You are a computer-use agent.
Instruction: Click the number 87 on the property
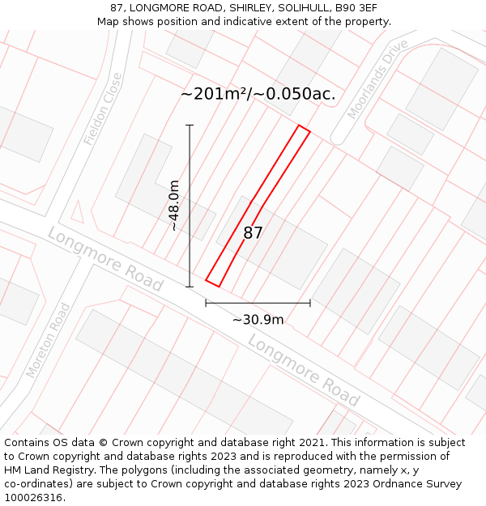click(x=253, y=233)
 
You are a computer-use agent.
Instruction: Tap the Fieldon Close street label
click(x=103, y=109)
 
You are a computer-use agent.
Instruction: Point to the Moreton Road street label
click(x=48, y=340)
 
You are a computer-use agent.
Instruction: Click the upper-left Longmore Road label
click(x=104, y=259)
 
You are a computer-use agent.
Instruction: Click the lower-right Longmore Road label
click(x=304, y=371)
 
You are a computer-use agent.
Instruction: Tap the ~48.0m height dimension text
click(x=174, y=206)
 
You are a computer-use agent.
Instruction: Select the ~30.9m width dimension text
click(x=258, y=320)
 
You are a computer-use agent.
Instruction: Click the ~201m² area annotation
click(x=214, y=94)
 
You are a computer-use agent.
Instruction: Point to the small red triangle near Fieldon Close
click(x=78, y=212)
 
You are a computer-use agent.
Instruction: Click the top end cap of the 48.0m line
click(x=190, y=125)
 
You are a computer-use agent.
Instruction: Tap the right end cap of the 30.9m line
click(x=310, y=303)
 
